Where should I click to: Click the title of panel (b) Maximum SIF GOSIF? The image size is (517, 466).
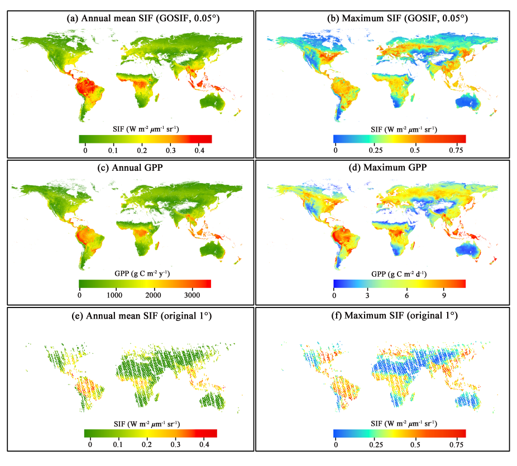(x=398, y=18)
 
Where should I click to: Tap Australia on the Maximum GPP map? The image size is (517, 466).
(x=468, y=251)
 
